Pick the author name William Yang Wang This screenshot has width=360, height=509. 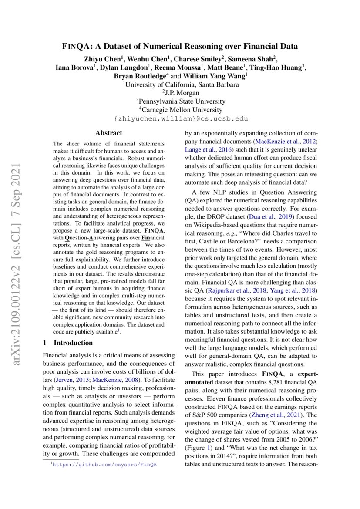[x=212, y=76]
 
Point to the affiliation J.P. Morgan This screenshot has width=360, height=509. [x=180, y=93]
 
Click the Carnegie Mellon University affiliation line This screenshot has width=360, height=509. [x=180, y=110]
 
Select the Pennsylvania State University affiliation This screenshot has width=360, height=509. [x=180, y=101]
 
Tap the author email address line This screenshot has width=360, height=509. [x=180, y=118]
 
